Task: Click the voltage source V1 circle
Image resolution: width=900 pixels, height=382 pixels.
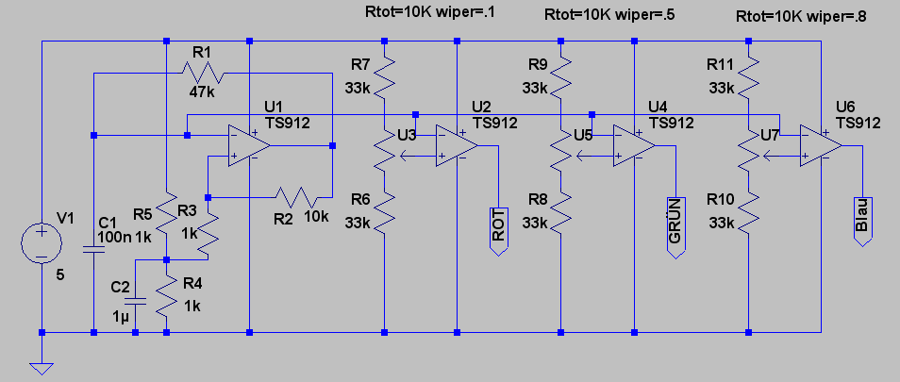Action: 42,243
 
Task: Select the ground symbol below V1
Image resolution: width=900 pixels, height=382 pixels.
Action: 42,368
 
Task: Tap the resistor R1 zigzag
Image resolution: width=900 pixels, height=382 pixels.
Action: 203,74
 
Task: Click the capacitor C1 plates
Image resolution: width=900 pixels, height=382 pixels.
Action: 93,250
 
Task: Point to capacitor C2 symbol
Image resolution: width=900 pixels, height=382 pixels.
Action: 136,301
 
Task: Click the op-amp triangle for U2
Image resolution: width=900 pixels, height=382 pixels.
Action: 457,145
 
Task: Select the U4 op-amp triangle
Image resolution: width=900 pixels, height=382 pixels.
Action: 634,145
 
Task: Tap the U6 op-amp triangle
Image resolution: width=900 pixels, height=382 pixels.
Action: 821,145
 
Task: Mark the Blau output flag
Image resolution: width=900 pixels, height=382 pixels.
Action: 862,222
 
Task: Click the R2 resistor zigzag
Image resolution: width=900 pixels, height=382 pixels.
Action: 296,197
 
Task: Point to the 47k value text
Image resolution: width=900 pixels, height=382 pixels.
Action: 201,91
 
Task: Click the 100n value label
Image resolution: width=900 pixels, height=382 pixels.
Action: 115,236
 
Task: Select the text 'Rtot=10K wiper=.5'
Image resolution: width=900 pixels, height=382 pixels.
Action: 609,15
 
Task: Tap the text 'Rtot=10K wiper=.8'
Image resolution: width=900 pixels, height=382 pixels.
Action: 801,17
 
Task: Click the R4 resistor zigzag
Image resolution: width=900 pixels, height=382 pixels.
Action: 166,296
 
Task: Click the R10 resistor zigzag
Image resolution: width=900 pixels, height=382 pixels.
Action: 748,213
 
